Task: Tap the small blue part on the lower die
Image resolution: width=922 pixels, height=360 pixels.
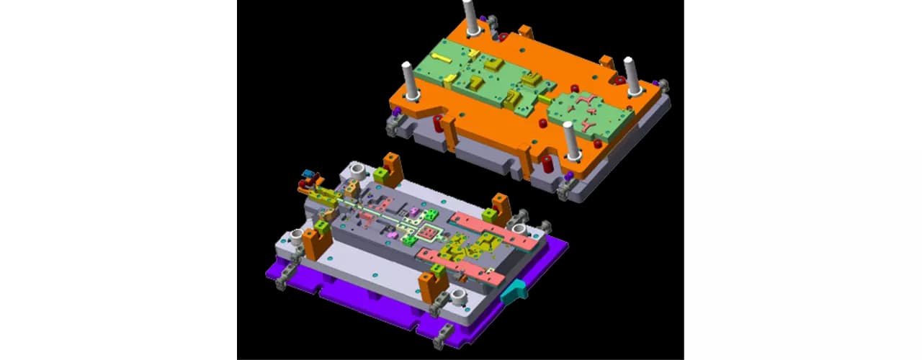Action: click(x=310, y=175)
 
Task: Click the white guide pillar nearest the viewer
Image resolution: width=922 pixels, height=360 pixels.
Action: click(x=571, y=141)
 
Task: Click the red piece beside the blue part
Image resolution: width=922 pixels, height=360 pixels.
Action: click(x=303, y=185)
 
